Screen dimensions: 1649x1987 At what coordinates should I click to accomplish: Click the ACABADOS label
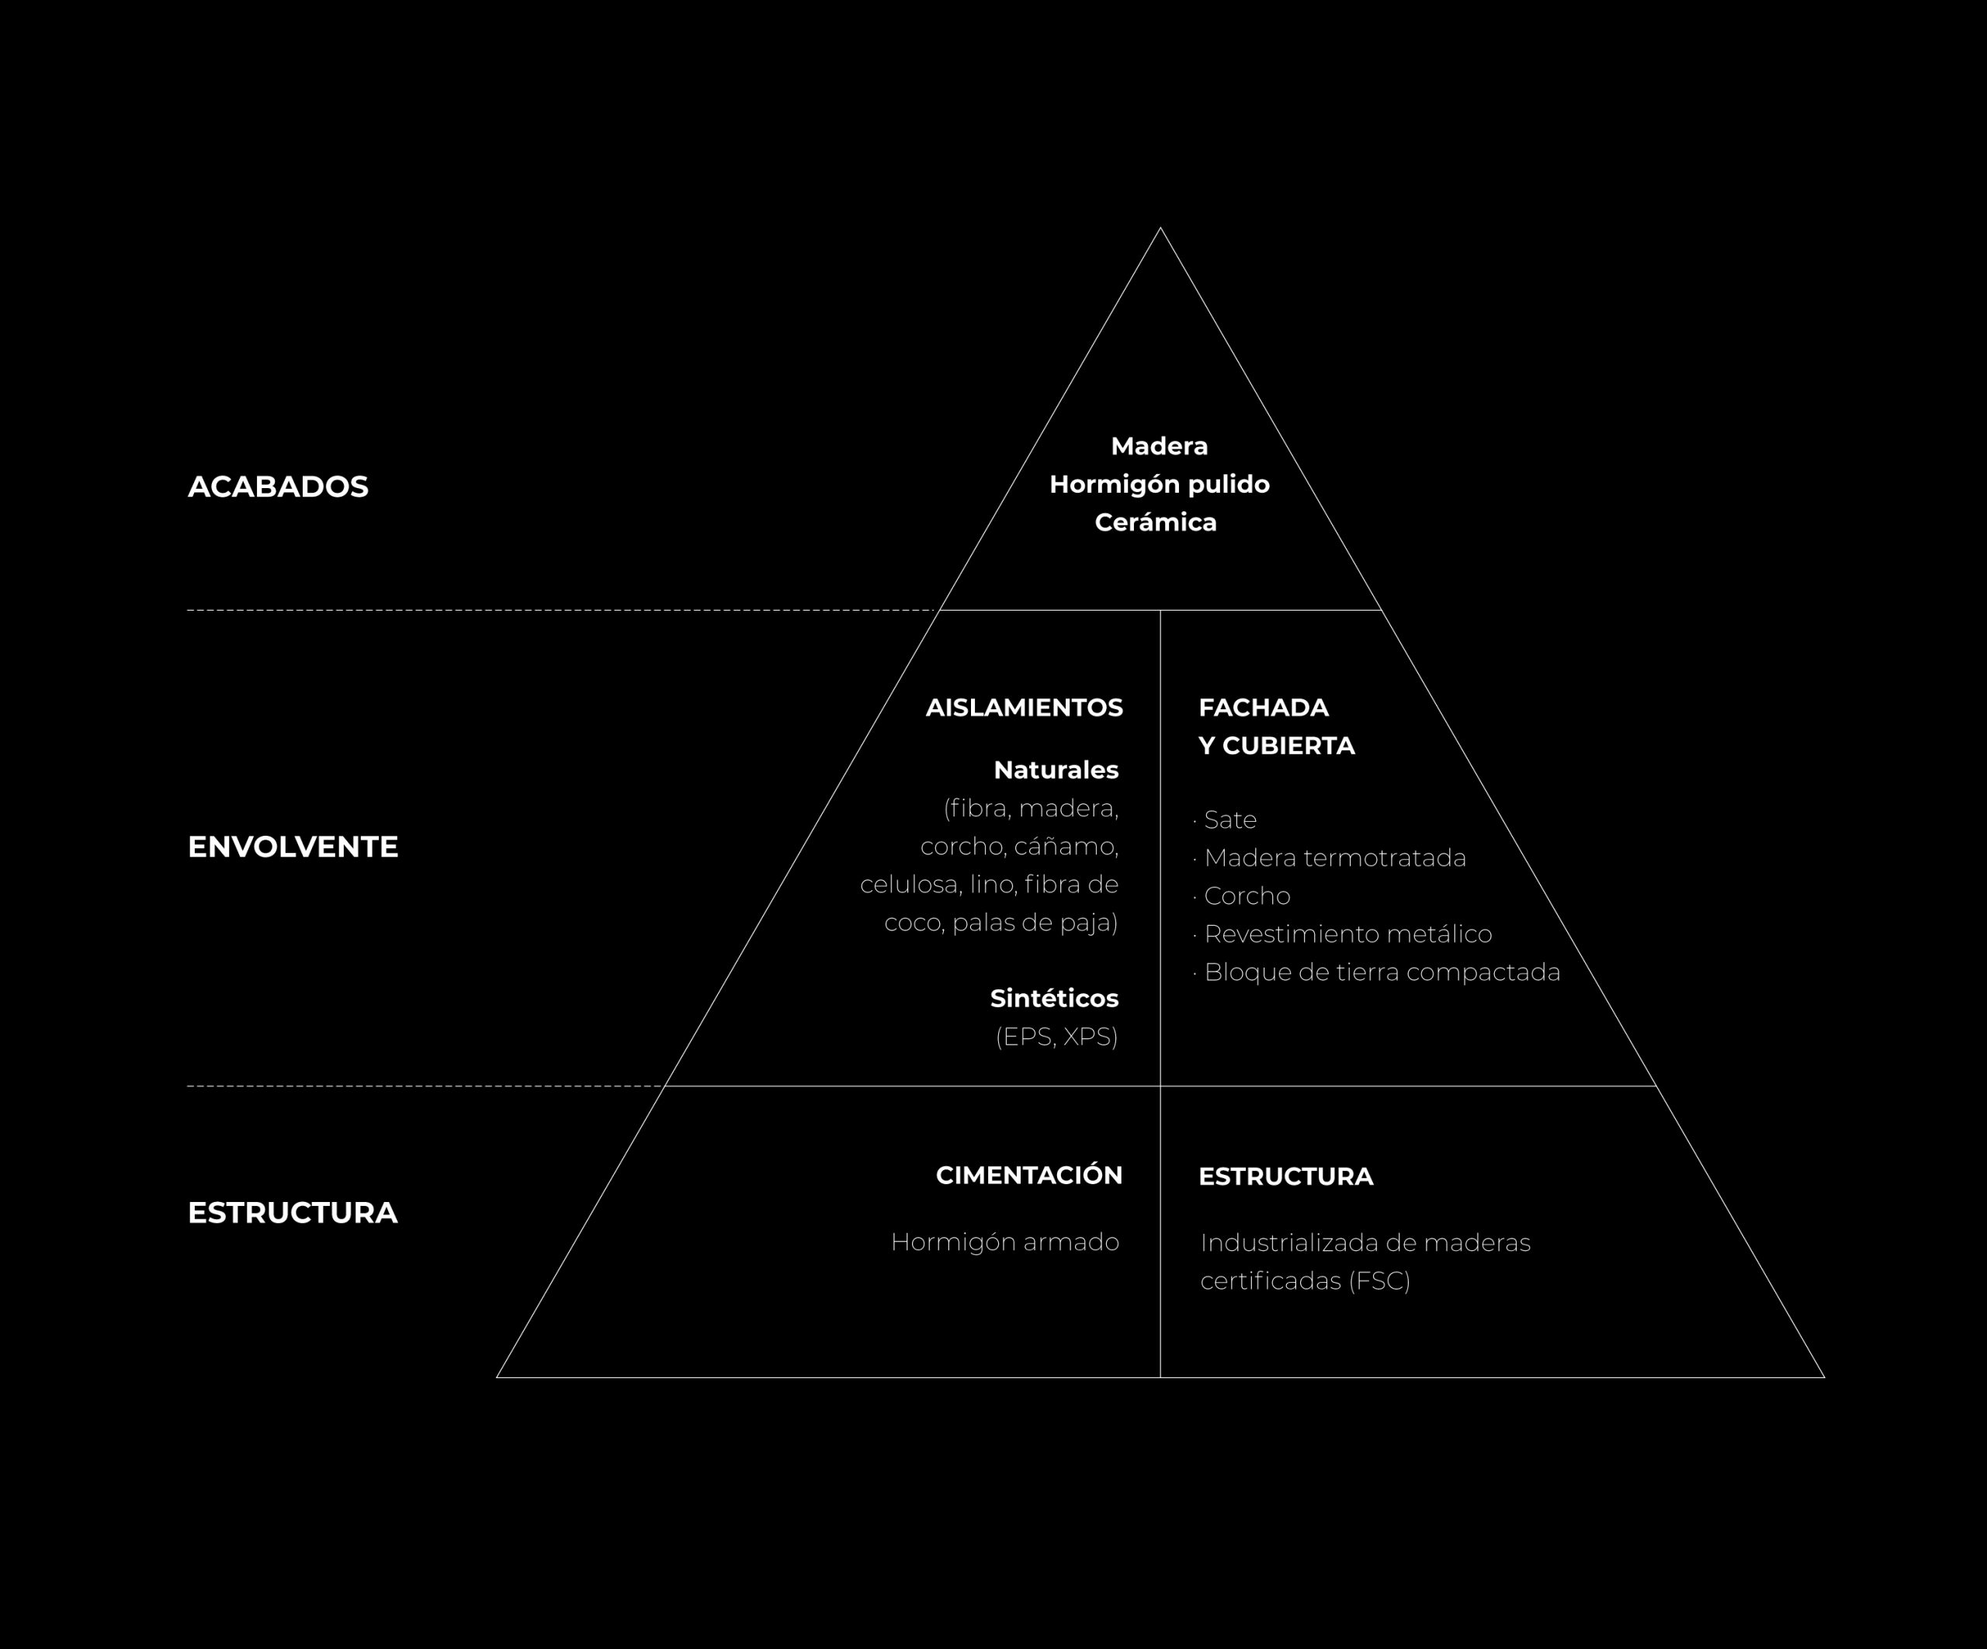coord(278,487)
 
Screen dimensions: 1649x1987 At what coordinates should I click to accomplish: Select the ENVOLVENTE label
coord(293,847)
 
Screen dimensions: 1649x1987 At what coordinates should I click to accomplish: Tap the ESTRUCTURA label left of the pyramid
coord(293,1213)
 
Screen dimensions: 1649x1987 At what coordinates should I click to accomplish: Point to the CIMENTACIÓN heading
coord(1028,1175)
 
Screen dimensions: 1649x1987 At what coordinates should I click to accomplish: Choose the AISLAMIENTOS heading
coord(1024,708)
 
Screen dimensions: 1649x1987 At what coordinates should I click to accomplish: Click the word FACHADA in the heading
coord(1263,708)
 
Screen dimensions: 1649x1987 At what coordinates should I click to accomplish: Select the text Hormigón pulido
coord(1159,484)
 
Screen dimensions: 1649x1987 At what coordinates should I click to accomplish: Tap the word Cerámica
coord(1155,522)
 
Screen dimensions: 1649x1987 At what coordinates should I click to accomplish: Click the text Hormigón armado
coord(1005,1242)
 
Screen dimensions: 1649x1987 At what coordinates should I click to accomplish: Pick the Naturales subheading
coord(1056,770)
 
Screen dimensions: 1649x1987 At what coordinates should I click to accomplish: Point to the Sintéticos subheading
coord(1054,998)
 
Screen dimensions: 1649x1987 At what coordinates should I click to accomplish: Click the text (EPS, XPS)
coord(1057,1037)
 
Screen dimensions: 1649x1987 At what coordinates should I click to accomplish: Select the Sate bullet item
coord(1230,820)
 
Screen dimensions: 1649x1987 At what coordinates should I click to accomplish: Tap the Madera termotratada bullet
coord(1334,858)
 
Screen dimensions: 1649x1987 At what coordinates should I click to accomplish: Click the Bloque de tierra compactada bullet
coord(1382,972)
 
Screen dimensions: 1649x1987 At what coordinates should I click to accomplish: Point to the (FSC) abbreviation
coord(1379,1281)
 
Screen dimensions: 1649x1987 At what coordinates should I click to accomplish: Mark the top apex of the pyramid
coord(1160,228)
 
